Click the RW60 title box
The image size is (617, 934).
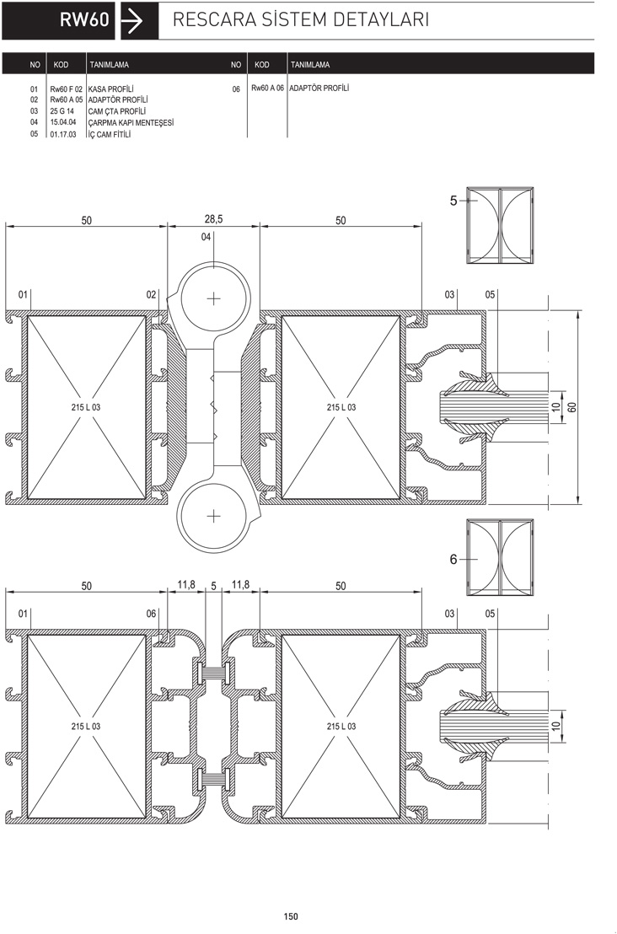[58, 20]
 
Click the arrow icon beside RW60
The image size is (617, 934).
[132, 21]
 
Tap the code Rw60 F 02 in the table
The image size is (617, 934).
[66, 89]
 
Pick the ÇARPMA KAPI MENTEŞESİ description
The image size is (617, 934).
[131, 123]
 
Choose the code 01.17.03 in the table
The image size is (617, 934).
[63, 134]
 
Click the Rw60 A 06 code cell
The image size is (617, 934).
[267, 89]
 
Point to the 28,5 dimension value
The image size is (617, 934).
[213, 219]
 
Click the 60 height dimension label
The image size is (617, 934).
[572, 407]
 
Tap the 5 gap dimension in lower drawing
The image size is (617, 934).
[214, 586]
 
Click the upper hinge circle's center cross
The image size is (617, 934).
[214, 298]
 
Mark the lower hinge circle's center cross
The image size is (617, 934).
[214, 515]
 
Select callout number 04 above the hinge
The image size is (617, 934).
[206, 237]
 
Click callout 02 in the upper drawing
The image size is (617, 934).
[151, 294]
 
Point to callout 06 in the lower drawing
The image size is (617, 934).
[151, 614]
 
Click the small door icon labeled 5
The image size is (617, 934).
[500, 226]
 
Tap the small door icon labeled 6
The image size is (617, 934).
[500, 557]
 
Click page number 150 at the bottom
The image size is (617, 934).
[291, 917]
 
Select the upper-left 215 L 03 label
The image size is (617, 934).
[86, 407]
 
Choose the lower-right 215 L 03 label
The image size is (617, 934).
[341, 726]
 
